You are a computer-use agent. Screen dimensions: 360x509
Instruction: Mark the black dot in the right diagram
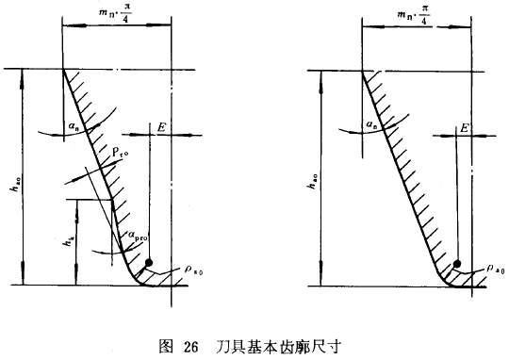click(x=458, y=263)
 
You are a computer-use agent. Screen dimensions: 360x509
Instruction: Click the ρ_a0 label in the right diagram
click(x=491, y=270)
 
